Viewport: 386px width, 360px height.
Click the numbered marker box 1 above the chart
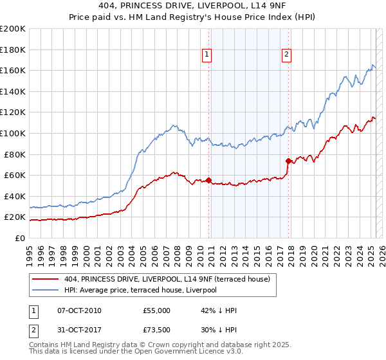[207, 55]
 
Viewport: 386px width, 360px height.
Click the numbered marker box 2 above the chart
[286, 55]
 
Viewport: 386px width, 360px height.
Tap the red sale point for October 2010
[208, 180]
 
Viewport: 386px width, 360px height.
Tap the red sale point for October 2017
[288, 160]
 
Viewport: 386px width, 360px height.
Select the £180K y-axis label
[13, 49]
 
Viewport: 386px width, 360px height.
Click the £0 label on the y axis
[19, 238]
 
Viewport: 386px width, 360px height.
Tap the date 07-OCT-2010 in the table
[79, 310]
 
